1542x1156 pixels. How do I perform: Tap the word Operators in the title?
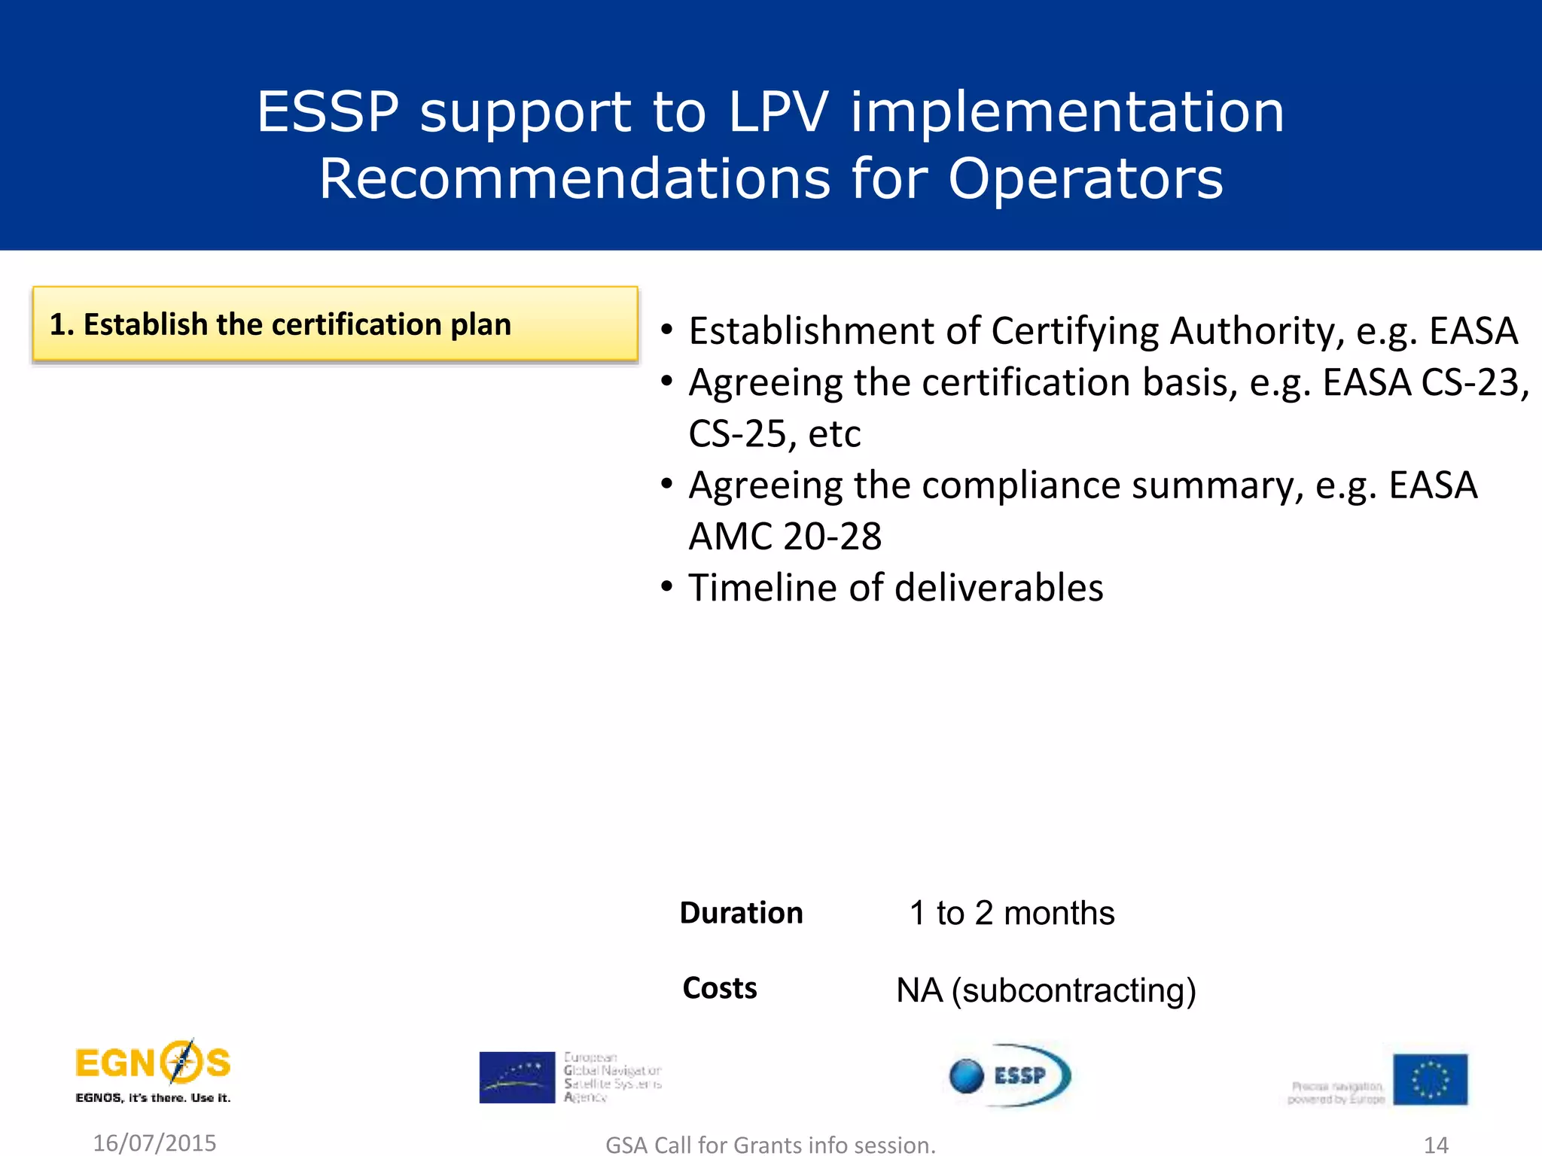pos(1085,179)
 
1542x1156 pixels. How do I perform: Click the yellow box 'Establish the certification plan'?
pos(335,324)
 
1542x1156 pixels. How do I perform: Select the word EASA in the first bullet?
pos(1473,331)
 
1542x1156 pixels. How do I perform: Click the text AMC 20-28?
pos(785,537)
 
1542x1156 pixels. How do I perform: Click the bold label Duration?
pos(741,913)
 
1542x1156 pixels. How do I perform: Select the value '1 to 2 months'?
pos(1011,913)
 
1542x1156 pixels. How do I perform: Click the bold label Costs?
pos(719,988)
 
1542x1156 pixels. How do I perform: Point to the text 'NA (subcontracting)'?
pos(1046,990)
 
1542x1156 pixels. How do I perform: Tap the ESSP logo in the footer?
pos(1010,1075)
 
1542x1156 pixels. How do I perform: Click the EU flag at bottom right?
pos(1429,1079)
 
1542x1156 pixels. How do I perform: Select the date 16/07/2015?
pos(154,1142)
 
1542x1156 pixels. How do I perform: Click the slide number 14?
pos(1436,1145)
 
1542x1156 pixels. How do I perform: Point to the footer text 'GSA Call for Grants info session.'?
pos(770,1145)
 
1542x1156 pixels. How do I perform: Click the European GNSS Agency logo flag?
pos(517,1077)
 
